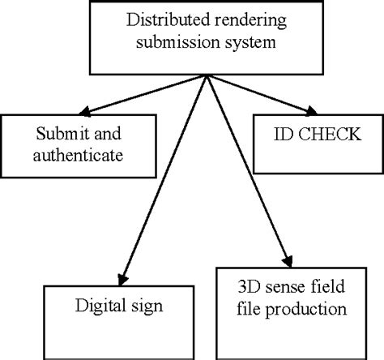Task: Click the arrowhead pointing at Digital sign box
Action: tap(123, 276)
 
